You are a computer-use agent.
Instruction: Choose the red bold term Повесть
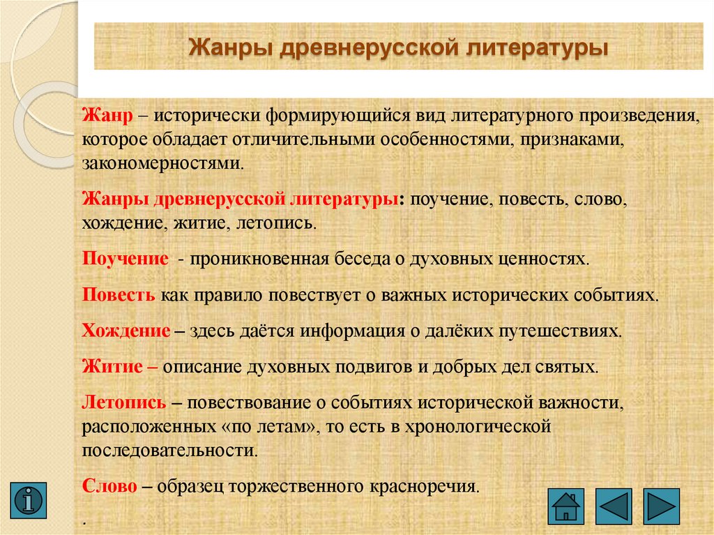(119, 294)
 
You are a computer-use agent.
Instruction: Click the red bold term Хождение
(126, 330)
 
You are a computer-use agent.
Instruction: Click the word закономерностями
(163, 164)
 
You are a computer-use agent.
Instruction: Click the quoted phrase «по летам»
(276, 425)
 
